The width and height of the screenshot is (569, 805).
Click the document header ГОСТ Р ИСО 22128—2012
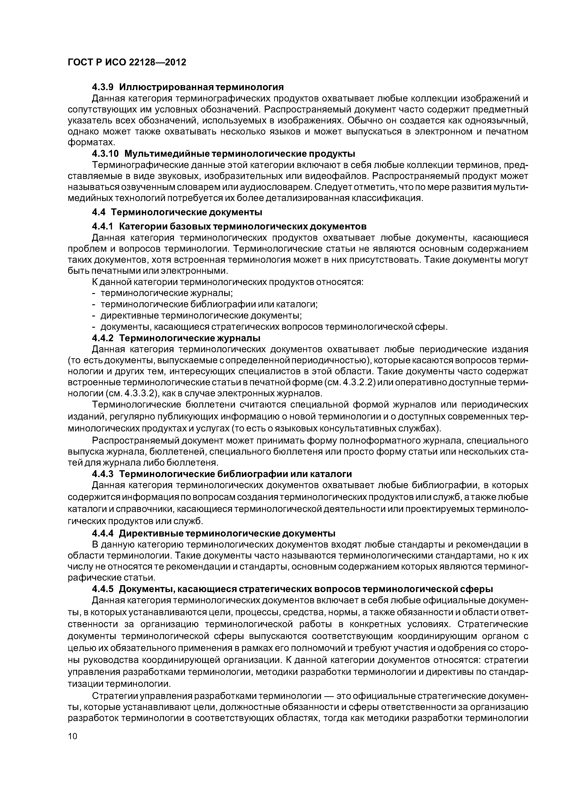[127, 62]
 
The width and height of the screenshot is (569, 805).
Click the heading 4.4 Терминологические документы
[177, 212]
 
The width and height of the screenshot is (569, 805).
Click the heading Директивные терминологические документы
[227, 533]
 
